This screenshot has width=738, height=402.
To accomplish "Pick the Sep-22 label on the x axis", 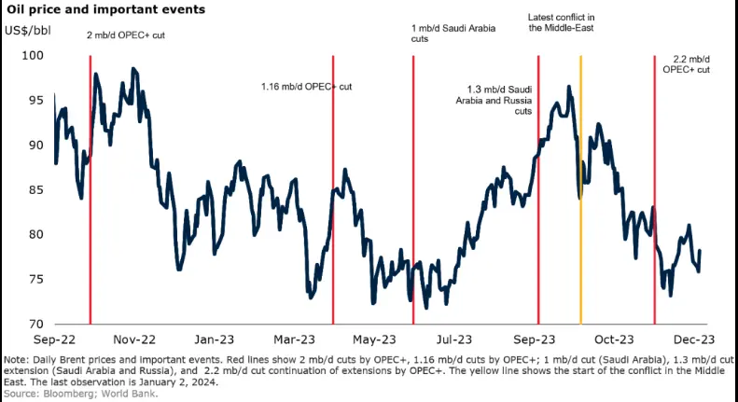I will (x=56, y=340).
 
